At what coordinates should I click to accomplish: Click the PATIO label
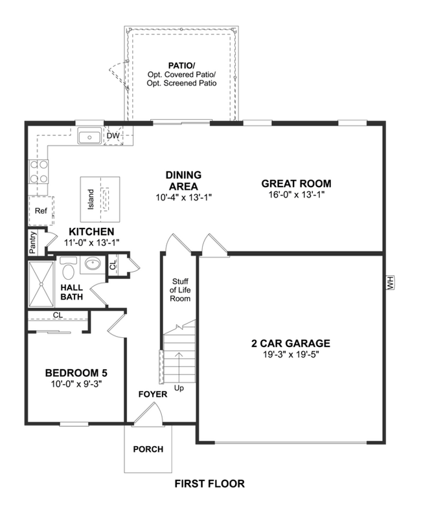tap(183, 65)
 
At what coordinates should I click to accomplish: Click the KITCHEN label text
tap(91, 232)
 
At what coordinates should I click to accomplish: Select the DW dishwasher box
tap(113, 137)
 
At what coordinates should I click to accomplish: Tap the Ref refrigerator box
tap(41, 210)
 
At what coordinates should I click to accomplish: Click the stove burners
tap(37, 171)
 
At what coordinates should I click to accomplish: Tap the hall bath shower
tap(43, 283)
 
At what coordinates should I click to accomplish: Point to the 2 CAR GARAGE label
tap(291, 343)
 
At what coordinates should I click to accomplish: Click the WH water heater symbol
tap(390, 283)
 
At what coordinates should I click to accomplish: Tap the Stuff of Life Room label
tap(180, 290)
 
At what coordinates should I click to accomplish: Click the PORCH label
tap(148, 449)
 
